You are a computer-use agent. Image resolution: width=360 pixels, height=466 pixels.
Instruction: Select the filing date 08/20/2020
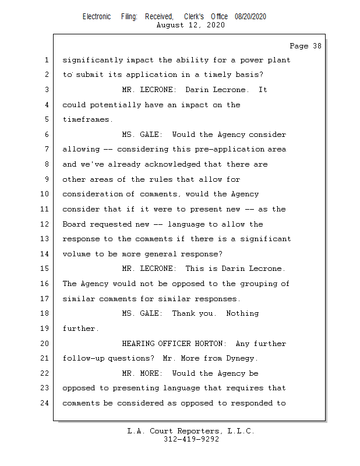(x=250, y=17)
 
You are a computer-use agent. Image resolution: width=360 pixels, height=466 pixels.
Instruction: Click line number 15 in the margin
(x=46, y=269)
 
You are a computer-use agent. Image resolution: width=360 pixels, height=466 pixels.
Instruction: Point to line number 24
(x=46, y=403)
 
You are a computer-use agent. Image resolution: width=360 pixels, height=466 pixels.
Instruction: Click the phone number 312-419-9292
(x=191, y=440)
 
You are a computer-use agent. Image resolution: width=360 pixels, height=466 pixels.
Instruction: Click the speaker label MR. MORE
(x=142, y=373)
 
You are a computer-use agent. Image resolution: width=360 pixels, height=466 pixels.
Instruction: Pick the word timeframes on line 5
(x=86, y=120)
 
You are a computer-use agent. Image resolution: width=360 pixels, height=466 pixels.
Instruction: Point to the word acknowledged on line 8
(x=171, y=165)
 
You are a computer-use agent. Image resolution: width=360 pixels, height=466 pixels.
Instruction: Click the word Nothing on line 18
(x=242, y=313)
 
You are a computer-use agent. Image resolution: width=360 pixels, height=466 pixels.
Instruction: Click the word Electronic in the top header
(x=97, y=17)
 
